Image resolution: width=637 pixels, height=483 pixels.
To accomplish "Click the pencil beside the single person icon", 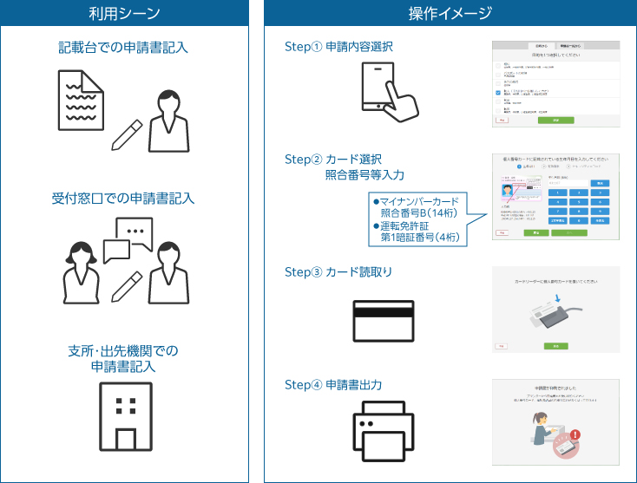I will click(127, 134).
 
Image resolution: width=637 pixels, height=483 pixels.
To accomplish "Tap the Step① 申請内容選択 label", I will click(338, 47).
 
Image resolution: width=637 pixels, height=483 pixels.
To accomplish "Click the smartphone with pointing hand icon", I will click(388, 95).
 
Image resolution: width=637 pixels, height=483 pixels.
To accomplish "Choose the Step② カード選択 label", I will click(333, 160).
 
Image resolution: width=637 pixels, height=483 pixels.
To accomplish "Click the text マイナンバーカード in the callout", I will click(421, 201).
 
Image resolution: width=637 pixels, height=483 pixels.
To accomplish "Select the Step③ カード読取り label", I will click(338, 271).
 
